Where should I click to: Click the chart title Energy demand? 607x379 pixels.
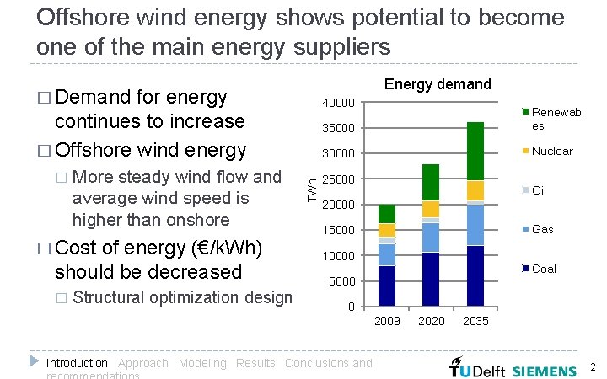click(437, 84)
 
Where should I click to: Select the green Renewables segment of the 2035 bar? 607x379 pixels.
click(475, 151)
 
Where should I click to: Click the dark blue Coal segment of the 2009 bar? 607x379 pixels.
click(387, 286)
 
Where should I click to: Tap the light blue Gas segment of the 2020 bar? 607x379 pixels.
click(431, 237)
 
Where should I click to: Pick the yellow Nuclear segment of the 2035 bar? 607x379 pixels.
click(475, 190)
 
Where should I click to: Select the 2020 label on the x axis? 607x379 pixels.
click(431, 321)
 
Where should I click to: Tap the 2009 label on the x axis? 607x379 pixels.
click(387, 321)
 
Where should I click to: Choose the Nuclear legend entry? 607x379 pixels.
click(547, 151)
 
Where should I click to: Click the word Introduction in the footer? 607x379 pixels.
click(77, 363)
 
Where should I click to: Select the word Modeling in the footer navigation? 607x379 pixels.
click(202, 363)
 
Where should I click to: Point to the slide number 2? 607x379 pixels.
click(593, 367)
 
